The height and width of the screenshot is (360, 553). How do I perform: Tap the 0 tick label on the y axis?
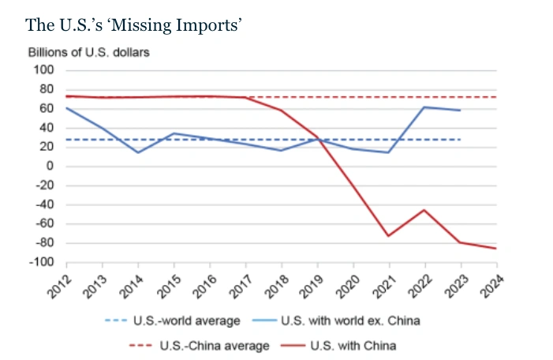click(x=49, y=166)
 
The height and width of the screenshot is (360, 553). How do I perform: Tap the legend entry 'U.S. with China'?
click(x=353, y=345)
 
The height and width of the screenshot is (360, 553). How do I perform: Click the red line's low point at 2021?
click(x=389, y=235)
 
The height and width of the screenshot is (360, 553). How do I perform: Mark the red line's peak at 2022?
click(x=424, y=210)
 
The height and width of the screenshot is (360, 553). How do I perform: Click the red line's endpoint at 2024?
click(x=496, y=249)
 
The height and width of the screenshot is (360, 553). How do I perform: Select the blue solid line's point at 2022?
click(x=424, y=107)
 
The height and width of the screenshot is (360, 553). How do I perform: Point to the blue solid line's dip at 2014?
click(x=139, y=152)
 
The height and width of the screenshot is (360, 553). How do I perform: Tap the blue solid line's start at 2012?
click(x=67, y=107)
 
